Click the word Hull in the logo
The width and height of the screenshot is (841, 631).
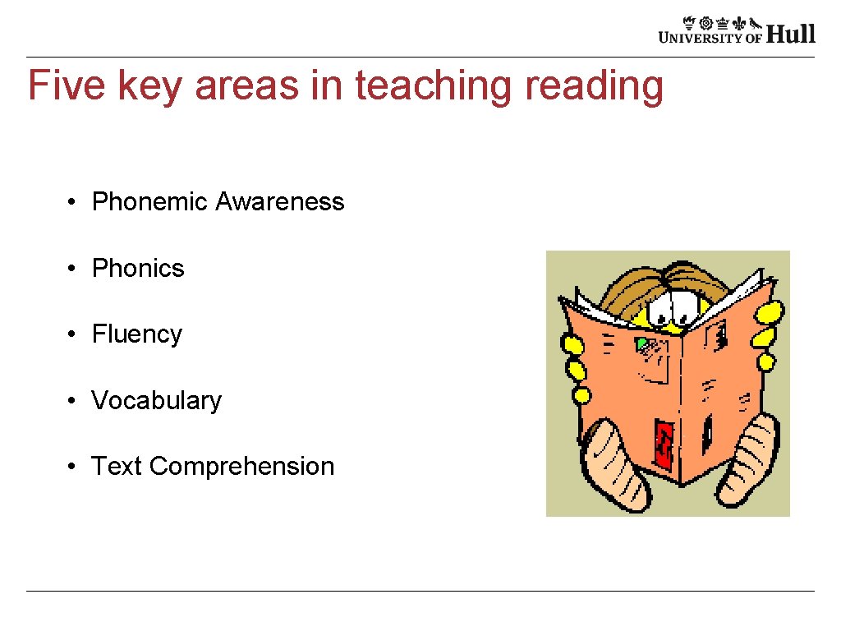point(791,34)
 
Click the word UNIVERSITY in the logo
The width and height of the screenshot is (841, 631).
point(700,36)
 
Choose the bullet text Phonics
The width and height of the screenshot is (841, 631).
point(138,268)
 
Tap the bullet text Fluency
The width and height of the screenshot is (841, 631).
point(136,334)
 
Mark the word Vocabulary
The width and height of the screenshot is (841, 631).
point(156,400)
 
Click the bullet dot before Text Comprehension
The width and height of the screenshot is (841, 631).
point(73,467)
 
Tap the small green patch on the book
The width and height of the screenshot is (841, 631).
point(640,343)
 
